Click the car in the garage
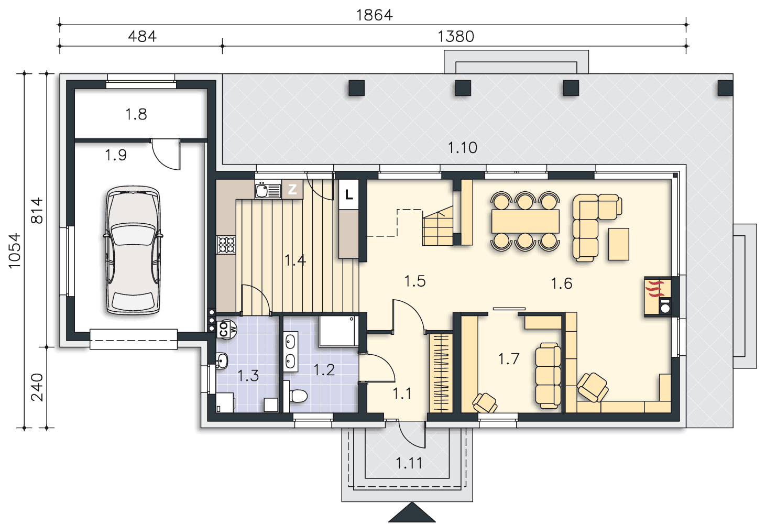pos(133,250)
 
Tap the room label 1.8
pos(136,114)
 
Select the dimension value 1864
pos(375,15)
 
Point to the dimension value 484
pos(143,36)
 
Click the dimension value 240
pos(37,387)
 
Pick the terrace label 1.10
pos(462,148)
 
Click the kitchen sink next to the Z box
pos(268,190)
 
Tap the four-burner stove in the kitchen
pos(226,245)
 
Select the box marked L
pos(349,194)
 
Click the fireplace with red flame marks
pos(658,296)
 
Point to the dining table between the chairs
pos(526,221)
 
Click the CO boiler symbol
pos(227,330)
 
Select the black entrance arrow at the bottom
pos(412,512)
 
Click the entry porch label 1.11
pos(409,463)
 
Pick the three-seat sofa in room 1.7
pos(548,376)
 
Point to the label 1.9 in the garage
pos(116,155)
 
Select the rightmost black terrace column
pos(725,88)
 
